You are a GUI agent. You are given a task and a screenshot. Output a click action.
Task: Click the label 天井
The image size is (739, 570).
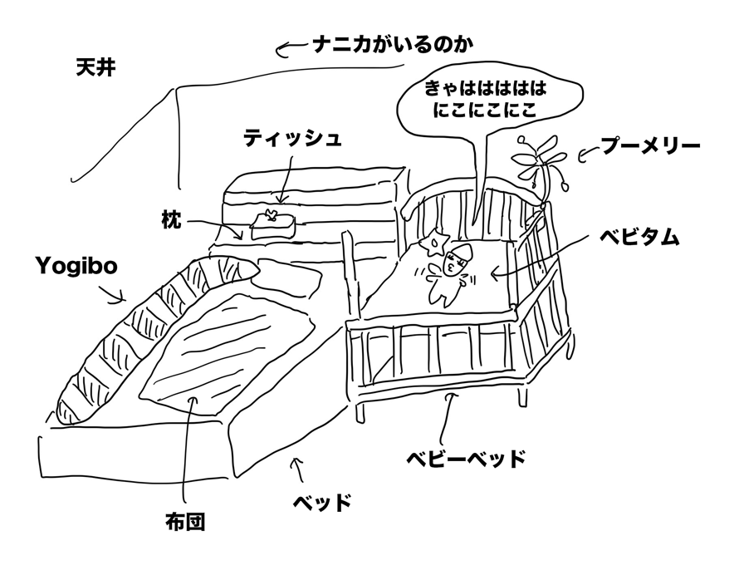coord(94,67)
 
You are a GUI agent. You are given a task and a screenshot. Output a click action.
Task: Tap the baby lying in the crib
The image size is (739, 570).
coord(448,269)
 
